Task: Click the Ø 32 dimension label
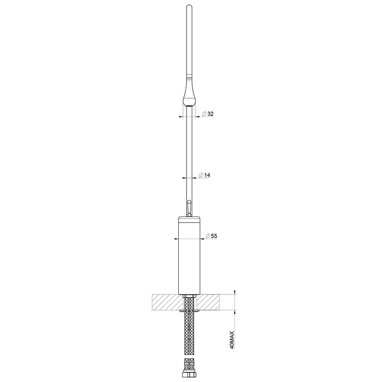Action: point(207,114)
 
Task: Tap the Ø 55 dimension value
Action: point(211,236)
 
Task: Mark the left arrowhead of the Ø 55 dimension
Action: point(176,239)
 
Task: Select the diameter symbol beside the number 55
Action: point(207,236)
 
